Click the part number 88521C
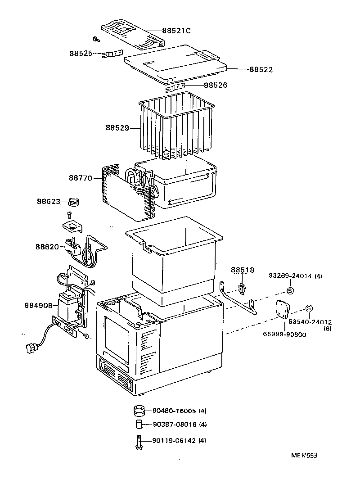click(177, 31)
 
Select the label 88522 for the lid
click(261, 70)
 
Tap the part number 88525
click(81, 54)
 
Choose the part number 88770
click(81, 178)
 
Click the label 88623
click(48, 202)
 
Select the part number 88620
click(47, 247)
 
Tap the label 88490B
click(39, 306)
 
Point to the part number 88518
click(243, 270)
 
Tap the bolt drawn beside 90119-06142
click(138, 441)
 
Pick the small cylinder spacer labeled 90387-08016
click(139, 425)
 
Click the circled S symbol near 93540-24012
click(309, 308)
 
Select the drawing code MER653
click(304, 456)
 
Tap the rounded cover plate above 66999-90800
click(281, 311)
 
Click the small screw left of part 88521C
click(96, 39)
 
